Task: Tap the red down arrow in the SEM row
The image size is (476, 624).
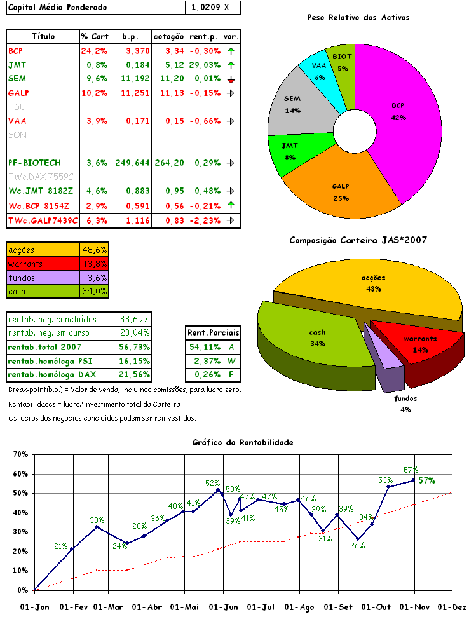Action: (231, 79)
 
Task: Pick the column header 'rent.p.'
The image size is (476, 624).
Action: (204, 37)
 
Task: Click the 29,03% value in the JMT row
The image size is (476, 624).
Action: (204, 65)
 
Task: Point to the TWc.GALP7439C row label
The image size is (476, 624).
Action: (43, 220)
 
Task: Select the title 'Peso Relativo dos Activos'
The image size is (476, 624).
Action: (358, 17)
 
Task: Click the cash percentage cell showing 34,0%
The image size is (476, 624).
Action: (94, 291)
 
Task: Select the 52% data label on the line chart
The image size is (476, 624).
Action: (212, 484)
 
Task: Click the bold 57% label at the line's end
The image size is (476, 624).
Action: (426, 480)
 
